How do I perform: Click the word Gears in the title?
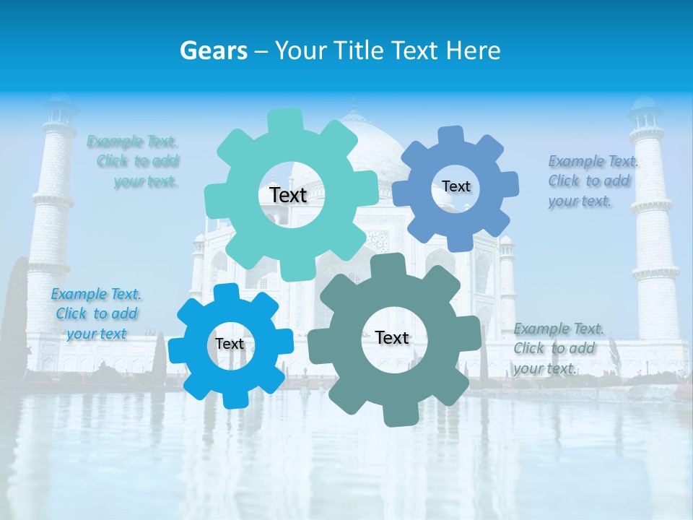tap(213, 51)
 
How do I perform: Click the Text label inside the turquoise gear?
tap(288, 195)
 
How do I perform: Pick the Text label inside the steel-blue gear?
tap(456, 186)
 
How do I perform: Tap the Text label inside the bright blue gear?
tap(230, 344)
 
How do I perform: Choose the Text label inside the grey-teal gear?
tap(392, 337)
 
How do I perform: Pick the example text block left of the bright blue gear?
tap(96, 313)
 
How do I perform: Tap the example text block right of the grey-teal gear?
tap(557, 348)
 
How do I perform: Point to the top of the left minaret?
tap(60, 108)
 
